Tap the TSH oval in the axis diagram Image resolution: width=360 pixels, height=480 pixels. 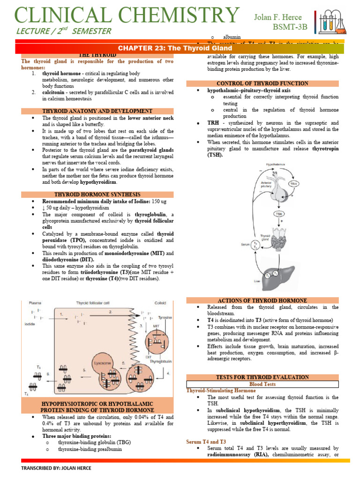279,213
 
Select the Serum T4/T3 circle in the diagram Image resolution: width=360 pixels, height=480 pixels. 255,244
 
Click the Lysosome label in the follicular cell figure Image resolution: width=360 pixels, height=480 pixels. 102,362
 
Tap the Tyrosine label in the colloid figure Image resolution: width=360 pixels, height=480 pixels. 165,317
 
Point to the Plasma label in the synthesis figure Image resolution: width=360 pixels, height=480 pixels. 35,303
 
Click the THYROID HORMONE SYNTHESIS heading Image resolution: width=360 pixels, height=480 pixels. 97,194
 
